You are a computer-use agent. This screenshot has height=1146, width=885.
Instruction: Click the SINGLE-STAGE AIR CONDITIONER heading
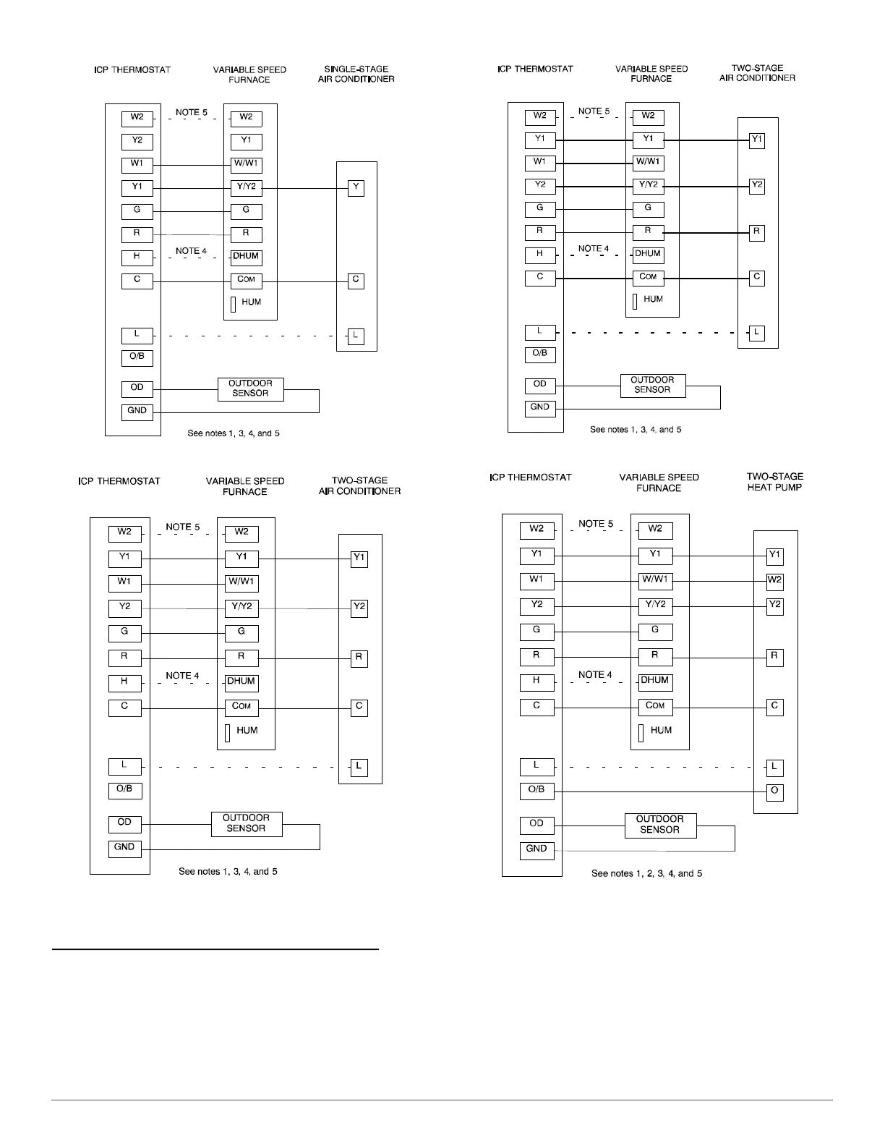[356, 74]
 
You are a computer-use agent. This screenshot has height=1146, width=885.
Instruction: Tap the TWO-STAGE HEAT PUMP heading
[774, 482]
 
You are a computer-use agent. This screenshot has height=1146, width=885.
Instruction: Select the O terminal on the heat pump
[774, 791]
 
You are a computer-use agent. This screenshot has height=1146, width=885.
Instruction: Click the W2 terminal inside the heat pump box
[774, 580]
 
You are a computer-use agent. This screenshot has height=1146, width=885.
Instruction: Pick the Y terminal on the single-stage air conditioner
[356, 188]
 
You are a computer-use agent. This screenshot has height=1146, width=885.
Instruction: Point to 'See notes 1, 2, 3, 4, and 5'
[646, 873]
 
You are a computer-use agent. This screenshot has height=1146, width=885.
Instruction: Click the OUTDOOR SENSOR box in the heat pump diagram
[660, 825]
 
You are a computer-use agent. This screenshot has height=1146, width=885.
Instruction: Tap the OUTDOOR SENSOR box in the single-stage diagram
[250, 389]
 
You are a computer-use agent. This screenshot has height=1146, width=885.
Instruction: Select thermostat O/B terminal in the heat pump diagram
[536, 790]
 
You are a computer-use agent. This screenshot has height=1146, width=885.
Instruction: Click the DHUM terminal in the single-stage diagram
[246, 257]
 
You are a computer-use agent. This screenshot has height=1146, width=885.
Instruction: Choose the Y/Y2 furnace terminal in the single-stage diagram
[246, 187]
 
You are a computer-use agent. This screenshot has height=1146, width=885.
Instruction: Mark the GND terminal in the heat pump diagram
[536, 849]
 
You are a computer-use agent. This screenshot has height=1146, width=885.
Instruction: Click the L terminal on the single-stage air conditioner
[355, 336]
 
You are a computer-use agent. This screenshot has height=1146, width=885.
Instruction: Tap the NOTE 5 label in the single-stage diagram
[192, 113]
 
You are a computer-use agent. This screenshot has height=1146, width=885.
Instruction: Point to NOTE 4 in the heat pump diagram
[595, 675]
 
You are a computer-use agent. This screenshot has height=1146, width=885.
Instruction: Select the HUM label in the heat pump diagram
[660, 731]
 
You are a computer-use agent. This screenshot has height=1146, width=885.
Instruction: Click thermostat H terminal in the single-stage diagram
[137, 257]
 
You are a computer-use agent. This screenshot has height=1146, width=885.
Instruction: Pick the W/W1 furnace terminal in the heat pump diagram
[655, 580]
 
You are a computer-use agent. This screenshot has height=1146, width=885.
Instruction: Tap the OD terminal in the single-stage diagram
[137, 389]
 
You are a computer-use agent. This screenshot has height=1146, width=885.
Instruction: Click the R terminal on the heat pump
[774, 657]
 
